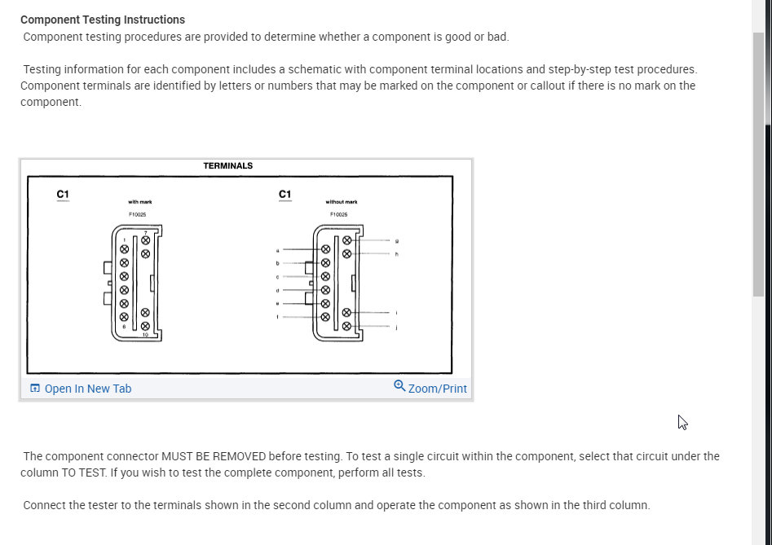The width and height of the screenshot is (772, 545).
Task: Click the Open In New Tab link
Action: click(87, 389)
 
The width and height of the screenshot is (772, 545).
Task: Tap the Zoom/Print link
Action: click(437, 389)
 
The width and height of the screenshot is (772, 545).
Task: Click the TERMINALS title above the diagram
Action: click(228, 166)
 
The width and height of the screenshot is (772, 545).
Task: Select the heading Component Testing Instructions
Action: click(103, 20)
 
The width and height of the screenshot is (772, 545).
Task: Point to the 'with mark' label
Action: click(140, 202)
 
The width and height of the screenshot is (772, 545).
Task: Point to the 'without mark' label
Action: click(342, 202)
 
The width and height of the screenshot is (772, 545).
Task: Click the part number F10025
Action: click(137, 214)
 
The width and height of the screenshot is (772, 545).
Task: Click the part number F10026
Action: click(339, 214)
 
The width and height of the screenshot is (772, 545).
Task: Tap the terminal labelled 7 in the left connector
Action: click(145, 241)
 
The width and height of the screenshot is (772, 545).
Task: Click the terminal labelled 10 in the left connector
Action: click(145, 326)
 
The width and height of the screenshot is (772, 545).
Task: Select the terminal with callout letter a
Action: click(325, 249)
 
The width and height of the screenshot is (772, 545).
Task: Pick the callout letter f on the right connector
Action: click(278, 317)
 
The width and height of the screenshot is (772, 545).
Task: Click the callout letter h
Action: click(397, 254)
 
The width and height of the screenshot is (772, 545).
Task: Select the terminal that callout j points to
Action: click(346, 326)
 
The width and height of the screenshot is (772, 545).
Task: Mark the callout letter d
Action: click(278, 290)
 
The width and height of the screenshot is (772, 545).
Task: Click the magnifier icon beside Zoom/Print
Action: click(399, 386)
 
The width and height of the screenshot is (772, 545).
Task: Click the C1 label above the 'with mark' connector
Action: click(63, 194)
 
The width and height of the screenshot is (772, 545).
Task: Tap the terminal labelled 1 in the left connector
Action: click(124, 249)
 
